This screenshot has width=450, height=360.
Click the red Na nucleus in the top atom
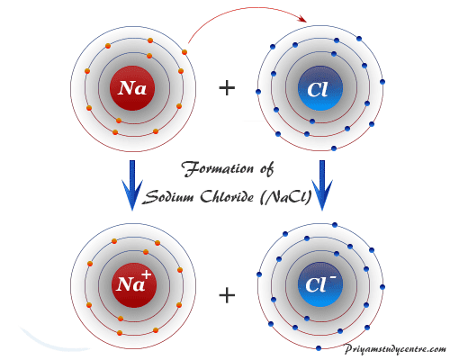(x=132, y=88)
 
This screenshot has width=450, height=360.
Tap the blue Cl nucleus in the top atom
(x=320, y=88)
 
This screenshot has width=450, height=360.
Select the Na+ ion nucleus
(x=134, y=285)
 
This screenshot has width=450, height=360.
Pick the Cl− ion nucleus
(x=320, y=284)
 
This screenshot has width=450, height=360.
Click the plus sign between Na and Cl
(x=227, y=88)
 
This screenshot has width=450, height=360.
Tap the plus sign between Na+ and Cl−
(x=227, y=295)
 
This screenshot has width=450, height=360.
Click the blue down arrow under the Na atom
(x=132, y=185)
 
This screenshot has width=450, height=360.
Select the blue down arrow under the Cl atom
(x=322, y=185)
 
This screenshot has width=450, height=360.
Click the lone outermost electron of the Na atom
(x=184, y=52)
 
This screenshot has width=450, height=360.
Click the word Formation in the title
(x=217, y=168)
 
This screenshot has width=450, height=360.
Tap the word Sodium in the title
(x=168, y=197)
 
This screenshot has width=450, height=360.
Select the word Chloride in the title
(x=227, y=197)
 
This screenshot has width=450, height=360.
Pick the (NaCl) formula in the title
(x=286, y=197)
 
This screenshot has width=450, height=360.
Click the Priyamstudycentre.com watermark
(x=395, y=349)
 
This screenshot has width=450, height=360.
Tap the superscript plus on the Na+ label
(x=147, y=274)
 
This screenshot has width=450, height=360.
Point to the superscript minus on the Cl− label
(x=333, y=277)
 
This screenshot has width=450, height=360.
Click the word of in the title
(x=266, y=169)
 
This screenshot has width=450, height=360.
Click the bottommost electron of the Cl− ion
(x=319, y=348)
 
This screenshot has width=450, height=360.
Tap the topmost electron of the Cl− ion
(x=335, y=225)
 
